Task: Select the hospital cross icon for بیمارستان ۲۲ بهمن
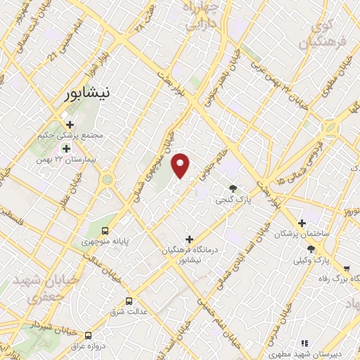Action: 67,148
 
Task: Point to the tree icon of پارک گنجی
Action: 233,187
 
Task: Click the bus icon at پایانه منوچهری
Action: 105,230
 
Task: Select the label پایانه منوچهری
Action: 105,243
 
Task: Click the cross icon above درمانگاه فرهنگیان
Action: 188,239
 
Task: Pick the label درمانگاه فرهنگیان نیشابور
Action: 188,255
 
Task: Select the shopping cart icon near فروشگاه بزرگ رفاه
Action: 347,268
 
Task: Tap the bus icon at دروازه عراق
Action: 89,335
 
